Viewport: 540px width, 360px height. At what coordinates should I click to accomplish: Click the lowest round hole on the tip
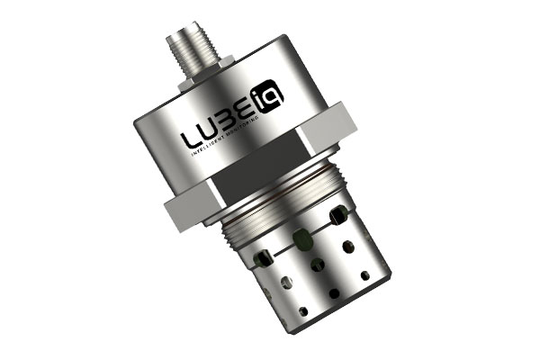[x=303, y=311]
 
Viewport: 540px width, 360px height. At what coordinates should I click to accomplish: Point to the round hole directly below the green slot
[x=316, y=267]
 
